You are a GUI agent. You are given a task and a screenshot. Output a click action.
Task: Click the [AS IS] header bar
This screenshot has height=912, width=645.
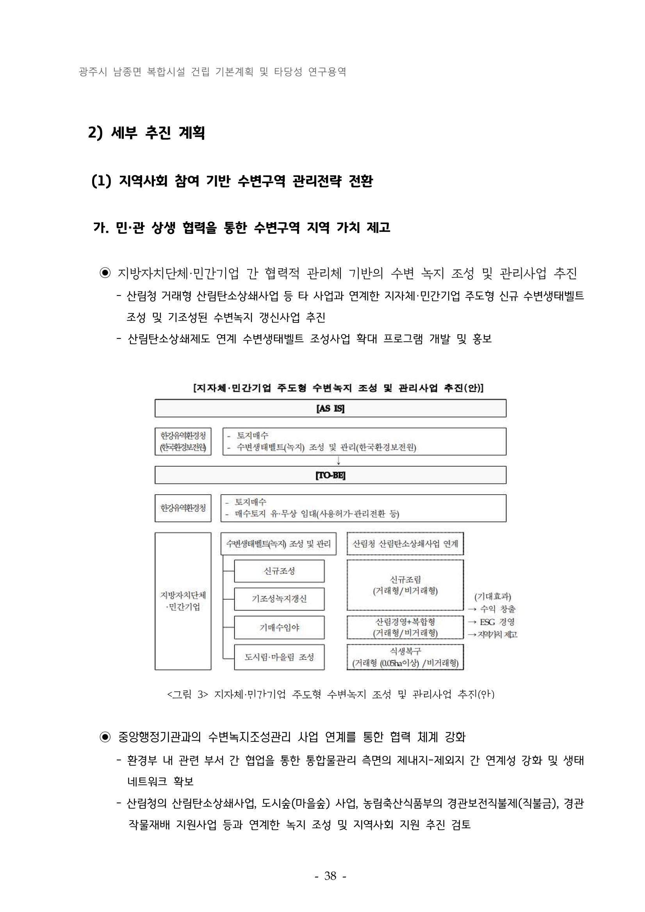(x=330, y=408)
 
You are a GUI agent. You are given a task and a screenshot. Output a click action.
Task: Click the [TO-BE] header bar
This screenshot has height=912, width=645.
(x=330, y=475)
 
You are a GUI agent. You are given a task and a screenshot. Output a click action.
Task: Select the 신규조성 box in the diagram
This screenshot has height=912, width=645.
(x=279, y=571)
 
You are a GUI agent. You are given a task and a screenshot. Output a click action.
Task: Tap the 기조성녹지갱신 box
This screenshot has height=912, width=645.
(x=279, y=599)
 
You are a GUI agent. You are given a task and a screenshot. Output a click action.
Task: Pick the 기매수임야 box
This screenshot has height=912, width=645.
(x=279, y=628)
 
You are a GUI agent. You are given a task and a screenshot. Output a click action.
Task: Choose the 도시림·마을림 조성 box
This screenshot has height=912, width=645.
(x=279, y=657)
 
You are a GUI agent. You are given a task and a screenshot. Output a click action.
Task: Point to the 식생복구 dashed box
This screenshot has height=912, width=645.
(x=405, y=657)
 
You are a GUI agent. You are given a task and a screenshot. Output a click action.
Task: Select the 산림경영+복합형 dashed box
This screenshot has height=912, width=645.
(x=405, y=627)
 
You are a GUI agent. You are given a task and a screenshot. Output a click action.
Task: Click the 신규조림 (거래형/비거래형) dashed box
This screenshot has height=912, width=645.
(x=405, y=585)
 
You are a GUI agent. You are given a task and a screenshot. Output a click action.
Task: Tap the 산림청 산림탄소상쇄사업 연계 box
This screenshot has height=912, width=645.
(x=405, y=543)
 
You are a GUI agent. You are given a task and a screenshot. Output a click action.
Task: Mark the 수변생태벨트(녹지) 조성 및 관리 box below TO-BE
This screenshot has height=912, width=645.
(x=278, y=544)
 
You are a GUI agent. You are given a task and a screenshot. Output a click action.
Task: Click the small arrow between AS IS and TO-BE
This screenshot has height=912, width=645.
(x=339, y=461)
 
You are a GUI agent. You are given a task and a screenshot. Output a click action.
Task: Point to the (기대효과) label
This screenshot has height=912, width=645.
(x=492, y=596)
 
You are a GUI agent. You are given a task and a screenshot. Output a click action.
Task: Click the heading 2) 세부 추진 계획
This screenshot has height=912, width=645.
(x=146, y=133)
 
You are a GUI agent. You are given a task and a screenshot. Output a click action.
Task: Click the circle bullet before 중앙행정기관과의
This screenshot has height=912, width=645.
(x=105, y=737)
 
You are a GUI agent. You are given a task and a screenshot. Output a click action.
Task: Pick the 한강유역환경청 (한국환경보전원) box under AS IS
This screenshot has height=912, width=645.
(x=183, y=441)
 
